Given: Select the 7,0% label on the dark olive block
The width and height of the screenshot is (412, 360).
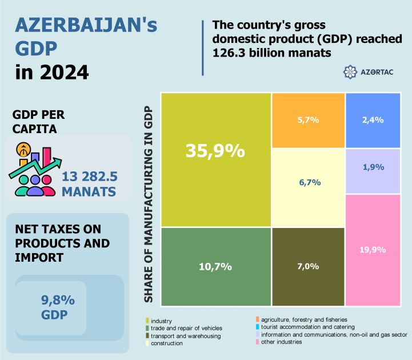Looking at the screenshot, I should [309, 266].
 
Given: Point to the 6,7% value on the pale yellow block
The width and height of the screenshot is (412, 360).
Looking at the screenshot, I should [309, 182].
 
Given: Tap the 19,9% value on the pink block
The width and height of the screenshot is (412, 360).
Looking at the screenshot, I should [373, 250].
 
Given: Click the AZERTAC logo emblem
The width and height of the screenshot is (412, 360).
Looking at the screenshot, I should [350, 72].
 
